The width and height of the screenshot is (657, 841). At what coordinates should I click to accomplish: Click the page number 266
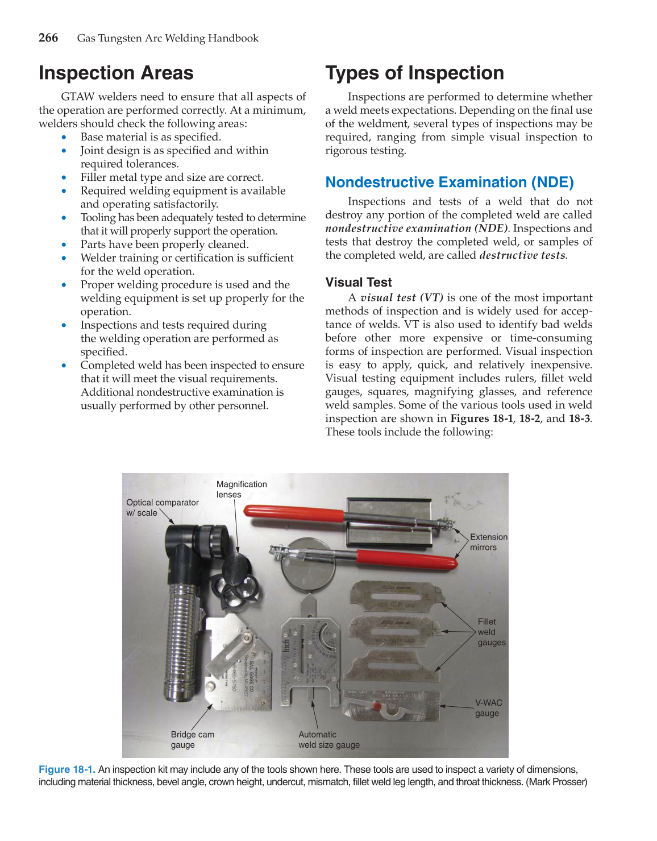pyautogui.click(x=48, y=38)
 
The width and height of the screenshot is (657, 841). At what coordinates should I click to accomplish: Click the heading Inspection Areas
pyautogui.click(x=116, y=73)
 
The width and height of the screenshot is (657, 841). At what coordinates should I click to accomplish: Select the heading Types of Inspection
pyautogui.click(x=414, y=73)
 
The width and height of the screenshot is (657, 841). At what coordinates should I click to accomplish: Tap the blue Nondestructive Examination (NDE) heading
pyautogui.click(x=449, y=182)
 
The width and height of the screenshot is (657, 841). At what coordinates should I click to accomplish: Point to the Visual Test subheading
pyautogui.click(x=358, y=283)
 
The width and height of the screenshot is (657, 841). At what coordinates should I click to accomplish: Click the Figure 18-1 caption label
pyautogui.click(x=66, y=769)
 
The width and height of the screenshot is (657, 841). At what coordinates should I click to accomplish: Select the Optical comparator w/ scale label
pyautogui.click(x=162, y=507)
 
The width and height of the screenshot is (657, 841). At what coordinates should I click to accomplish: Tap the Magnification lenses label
pyautogui.click(x=241, y=489)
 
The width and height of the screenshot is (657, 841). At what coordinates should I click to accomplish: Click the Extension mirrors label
pyautogui.click(x=488, y=542)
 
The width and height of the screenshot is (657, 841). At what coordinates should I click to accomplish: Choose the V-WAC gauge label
pyautogui.click(x=488, y=708)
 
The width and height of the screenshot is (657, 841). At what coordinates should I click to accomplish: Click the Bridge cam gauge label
pyautogui.click(x=192, y=739)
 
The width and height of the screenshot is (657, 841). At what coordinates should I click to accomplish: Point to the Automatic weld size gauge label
pyautogui.click(x=328, y=739)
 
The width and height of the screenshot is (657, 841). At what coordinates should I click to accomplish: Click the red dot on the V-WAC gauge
pyautogui.click(x=376, y=706)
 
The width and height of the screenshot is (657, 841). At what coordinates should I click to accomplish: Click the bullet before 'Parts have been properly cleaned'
pyautogui.click(x=64, y=245)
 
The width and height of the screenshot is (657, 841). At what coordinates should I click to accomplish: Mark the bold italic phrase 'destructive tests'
pyautogui.click(x=522, y=255)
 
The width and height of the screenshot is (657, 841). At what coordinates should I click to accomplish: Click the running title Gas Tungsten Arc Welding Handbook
pyautogui.click(x=168, y=38)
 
